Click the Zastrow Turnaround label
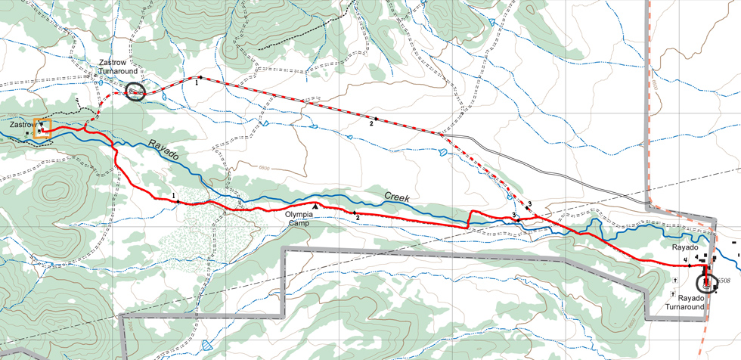pos(116,67)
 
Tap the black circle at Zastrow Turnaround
pos(134,92)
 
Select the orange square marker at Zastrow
pos(42,127)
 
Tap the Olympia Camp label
pos(299,218)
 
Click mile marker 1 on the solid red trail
pos(175,197)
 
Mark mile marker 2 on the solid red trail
pos(356,216)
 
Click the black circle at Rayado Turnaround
pos(707,284)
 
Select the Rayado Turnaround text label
pos(685,303)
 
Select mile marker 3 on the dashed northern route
pos(530,204)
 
